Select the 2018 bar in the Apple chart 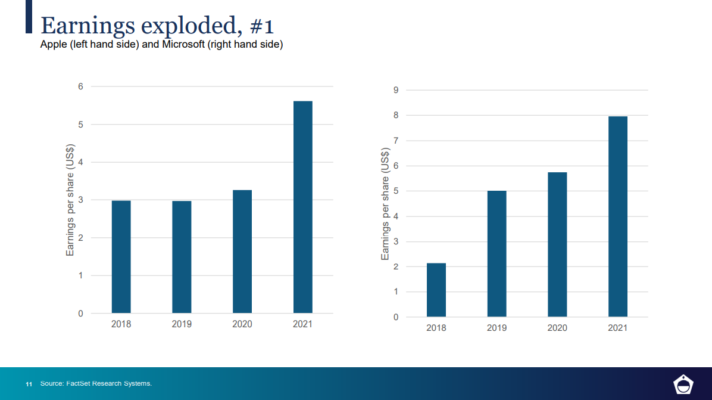pos(121,257)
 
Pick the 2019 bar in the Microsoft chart pos(496,253)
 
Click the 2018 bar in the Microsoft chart pos(436,290)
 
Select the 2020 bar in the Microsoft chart pos(557,244)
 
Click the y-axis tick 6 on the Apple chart pos(80,86)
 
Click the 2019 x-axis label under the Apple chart pos(182,324)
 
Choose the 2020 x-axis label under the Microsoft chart pos(557,328)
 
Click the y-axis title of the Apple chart pos(70,200)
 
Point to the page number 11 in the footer pos(29,383)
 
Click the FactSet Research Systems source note pos(96,383)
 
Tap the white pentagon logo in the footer pos(683,385)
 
